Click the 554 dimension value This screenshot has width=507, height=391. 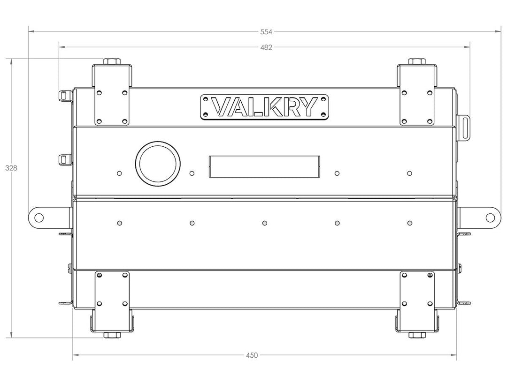pyautogui.click(x=266, y=31)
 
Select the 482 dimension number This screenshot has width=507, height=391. pyautogui.click(x=266, y=47)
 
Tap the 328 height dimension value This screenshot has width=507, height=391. pyautogui.click(x=11, y=168)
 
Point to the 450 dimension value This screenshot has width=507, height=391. pyautogui.click(x=252, y=355)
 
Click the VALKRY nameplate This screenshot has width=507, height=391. pyautogui.click(x=264, y=107)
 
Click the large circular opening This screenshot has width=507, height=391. pyautogui.click(x=157, y=163)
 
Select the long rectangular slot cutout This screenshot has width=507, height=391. pyautogui.click(x=264, y=166)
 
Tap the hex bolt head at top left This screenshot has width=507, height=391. pyautogui.click(x=112, y=61)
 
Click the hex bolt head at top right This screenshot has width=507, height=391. pyautogui.click(x=417, y=61)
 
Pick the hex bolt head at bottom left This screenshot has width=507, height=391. pyautogui.click(x=112, y=335)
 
